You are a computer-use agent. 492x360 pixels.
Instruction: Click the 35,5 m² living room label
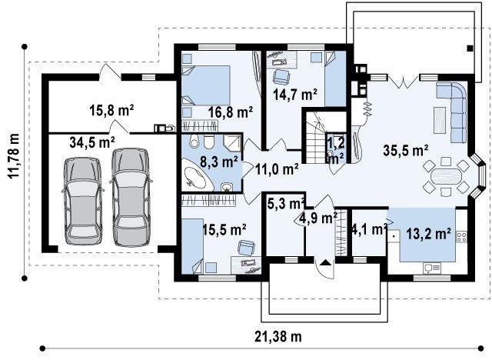[406, 150]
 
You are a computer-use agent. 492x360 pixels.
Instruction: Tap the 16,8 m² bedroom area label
[231, 112]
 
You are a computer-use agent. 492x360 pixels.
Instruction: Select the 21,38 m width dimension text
[278, 336]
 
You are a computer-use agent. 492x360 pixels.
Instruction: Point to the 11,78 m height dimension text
[14, 155]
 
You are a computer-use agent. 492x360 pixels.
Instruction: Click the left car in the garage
[82, 200]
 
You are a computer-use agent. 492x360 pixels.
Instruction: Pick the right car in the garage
[131, 196]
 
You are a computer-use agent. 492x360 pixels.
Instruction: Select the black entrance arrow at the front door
[325, 263]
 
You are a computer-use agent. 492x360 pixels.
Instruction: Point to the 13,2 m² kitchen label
[429, 234]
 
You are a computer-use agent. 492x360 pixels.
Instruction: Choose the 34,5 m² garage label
[92, 143]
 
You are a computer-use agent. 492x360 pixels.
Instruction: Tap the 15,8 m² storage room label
[112, 111]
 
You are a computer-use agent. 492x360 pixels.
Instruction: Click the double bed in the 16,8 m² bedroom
[206, 85]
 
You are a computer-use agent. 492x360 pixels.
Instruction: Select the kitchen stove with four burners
[461, 237]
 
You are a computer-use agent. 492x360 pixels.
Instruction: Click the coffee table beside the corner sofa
[440, 119]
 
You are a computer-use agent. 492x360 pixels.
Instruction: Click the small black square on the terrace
[470, 48]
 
